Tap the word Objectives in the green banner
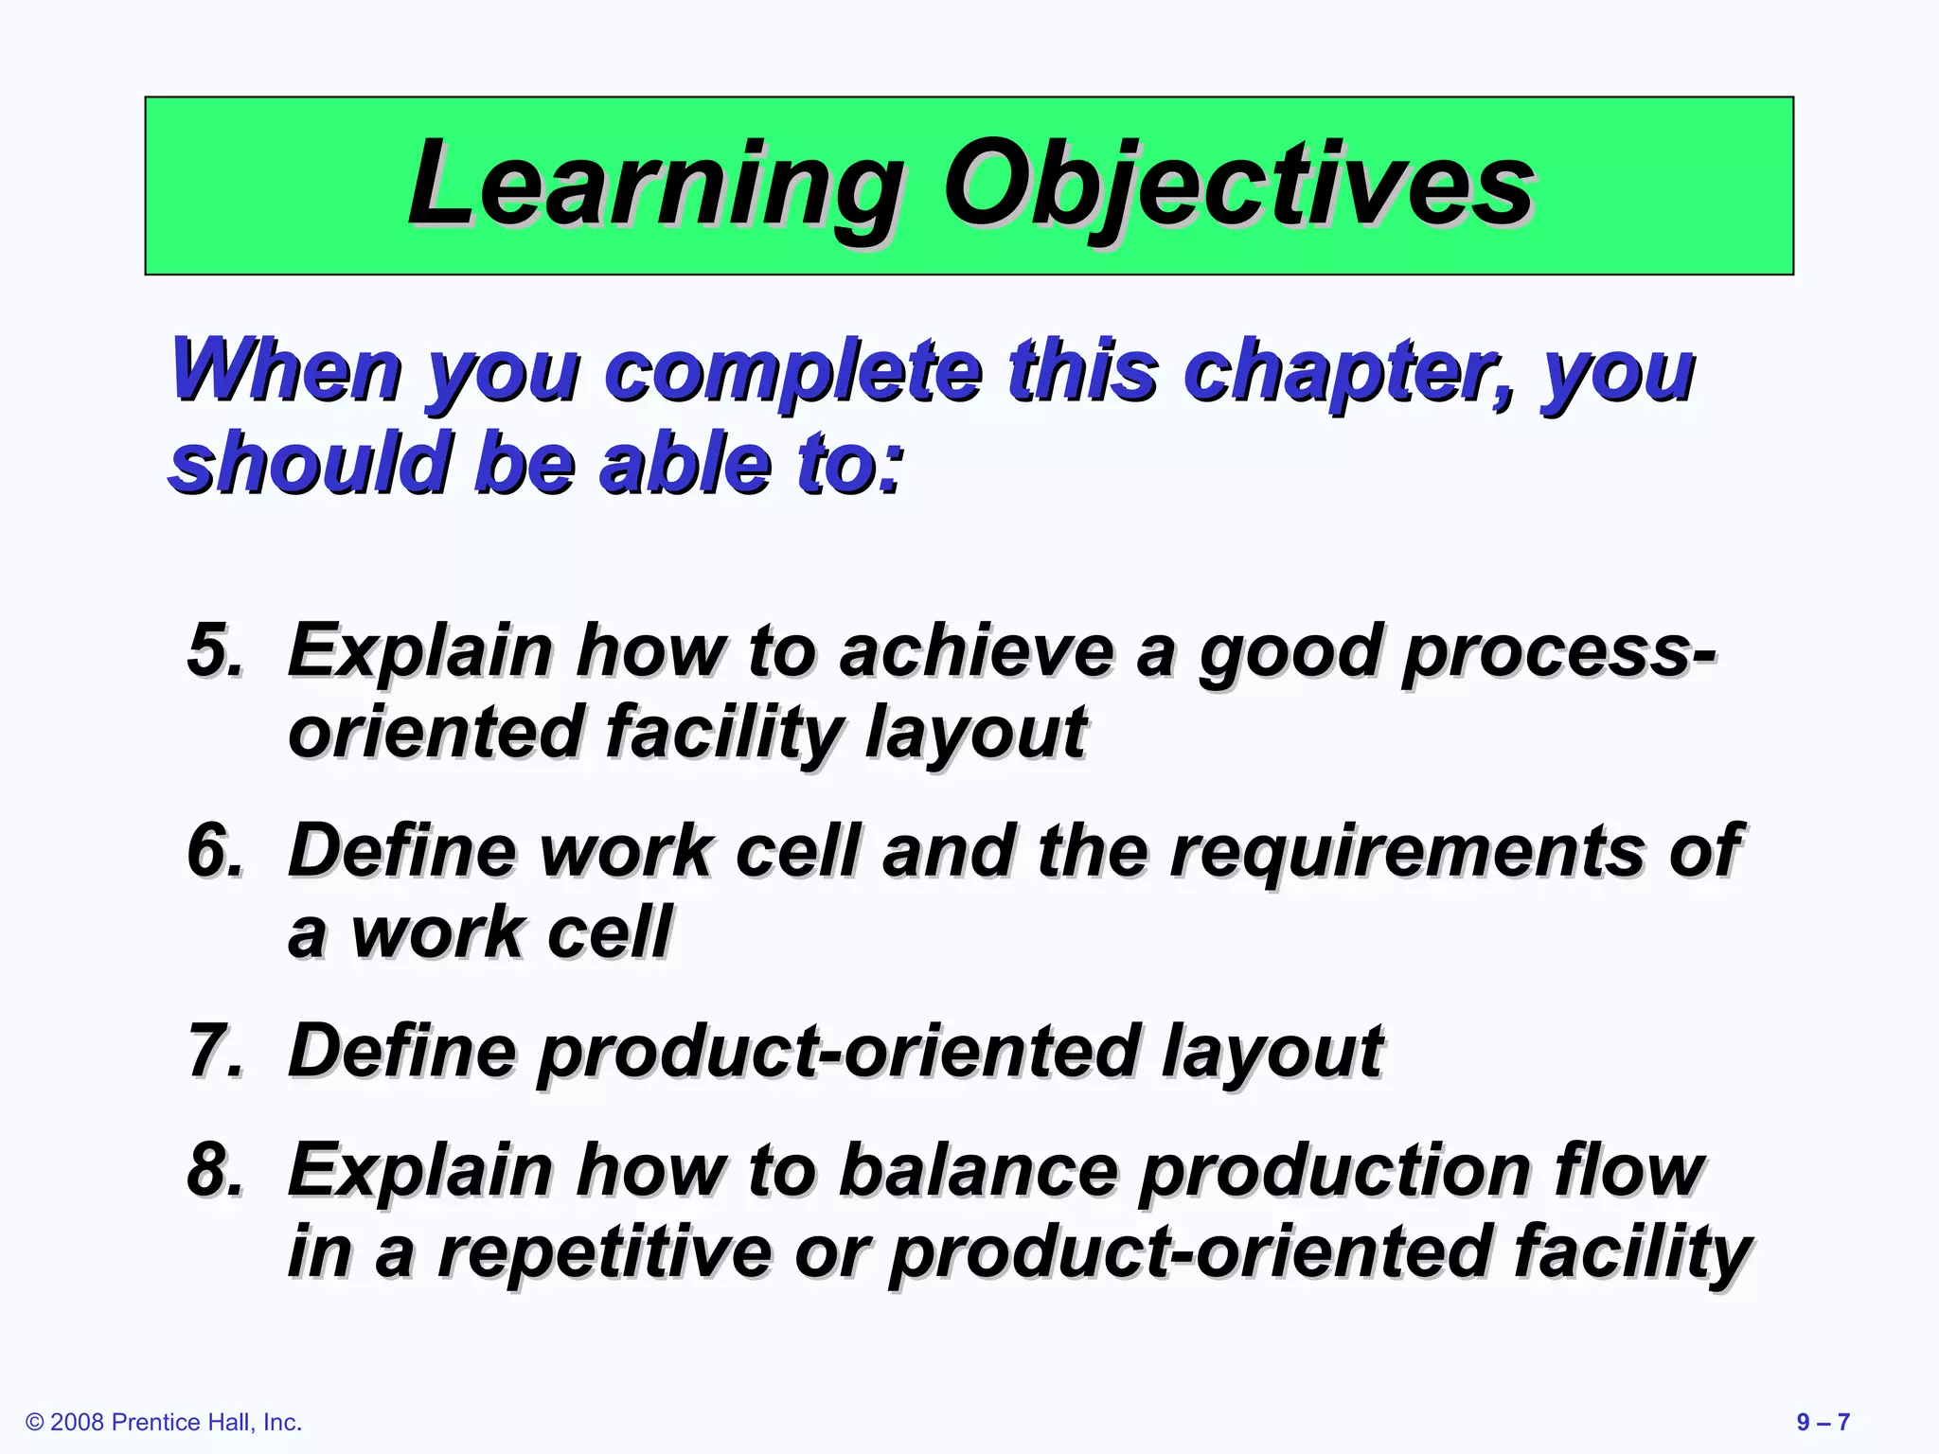[x=1236, y=184]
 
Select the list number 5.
[x=214, y=650]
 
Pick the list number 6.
[x=214, y=850]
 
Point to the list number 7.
[x=214, y=1050]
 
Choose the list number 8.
[x=214, y=1169]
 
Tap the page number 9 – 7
[x=1823, y=1423]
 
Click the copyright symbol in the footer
[x=35, y=1423]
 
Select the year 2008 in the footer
[x=77, y=1423]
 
